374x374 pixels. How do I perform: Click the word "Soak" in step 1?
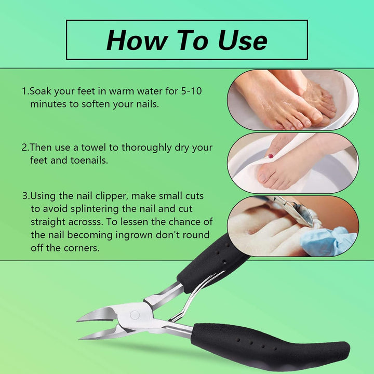click(41, 91)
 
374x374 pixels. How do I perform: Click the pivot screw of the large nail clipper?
click(135, 315)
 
